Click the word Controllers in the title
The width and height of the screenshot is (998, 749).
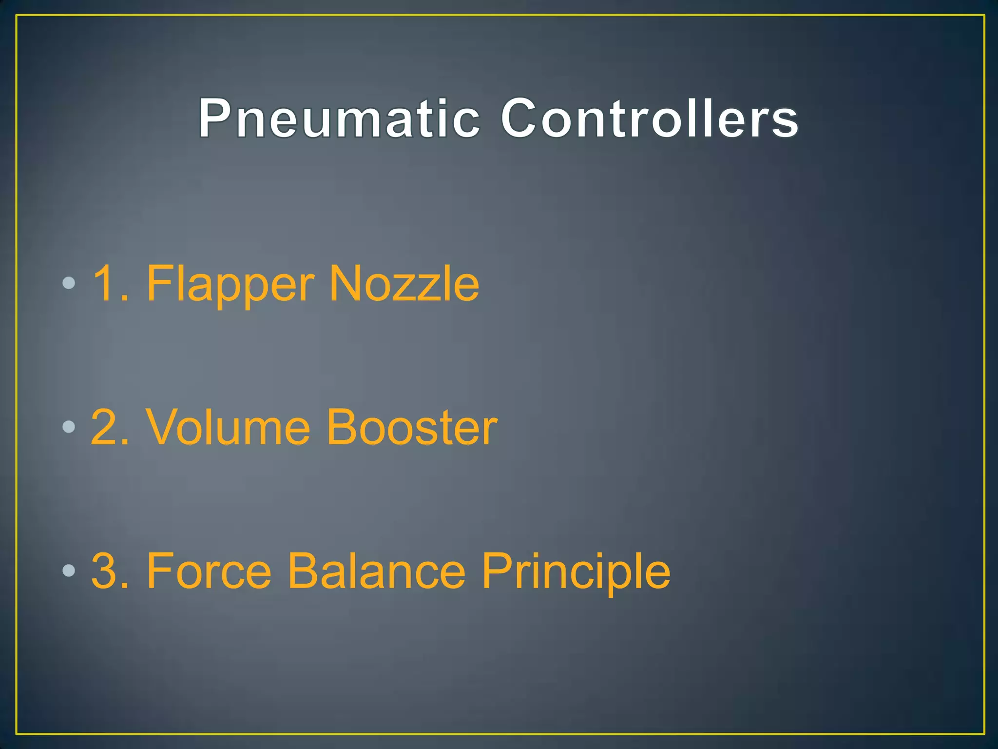click(x=650, y=118)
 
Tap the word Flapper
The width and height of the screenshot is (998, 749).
click(x=230, y=285)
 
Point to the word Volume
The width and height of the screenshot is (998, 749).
click(x=228, y=428)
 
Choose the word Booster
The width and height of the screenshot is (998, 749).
click(x=412, y=428)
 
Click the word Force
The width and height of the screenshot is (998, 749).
click(x=209, y=571)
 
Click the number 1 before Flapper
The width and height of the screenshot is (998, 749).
click(x=105, y=284)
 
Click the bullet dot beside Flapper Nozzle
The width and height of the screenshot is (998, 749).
click(x=69, y=283)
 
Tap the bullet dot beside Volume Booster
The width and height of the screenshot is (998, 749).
click(x=69, y=427)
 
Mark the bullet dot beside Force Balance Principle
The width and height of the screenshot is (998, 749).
click(x=69, y=571)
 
